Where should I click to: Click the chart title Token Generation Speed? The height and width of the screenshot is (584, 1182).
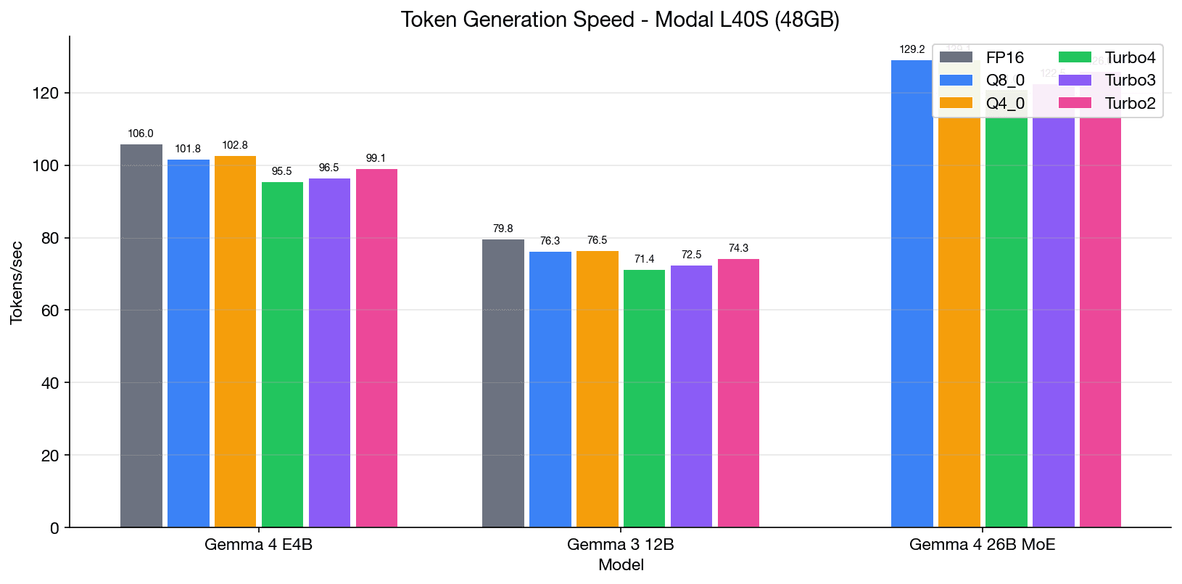[620, 20]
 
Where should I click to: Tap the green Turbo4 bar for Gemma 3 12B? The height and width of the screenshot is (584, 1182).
[644, 398]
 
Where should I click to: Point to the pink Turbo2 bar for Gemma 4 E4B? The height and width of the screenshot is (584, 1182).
[376, 348]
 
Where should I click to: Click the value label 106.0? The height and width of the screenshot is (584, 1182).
[141, 133]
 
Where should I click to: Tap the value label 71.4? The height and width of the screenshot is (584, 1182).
[644, 259]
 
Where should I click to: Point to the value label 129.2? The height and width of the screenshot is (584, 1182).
[912, 50]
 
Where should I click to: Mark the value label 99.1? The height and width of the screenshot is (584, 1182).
[376, 158]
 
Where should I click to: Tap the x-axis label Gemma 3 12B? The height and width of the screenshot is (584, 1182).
[620, 545]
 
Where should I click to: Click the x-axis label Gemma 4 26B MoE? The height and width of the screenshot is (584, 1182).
[982, 545]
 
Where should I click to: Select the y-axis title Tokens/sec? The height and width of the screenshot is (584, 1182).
[17, 283]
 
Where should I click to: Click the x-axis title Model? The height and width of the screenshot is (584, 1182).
[621, 565]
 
